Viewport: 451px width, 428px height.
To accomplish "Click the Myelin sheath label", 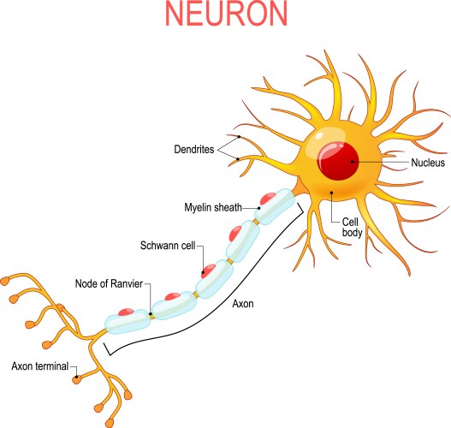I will click(x=219, y=207).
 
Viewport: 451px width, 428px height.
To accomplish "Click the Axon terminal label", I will click(x=40, y=366).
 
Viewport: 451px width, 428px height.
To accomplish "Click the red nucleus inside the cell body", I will click(x=336, y=161).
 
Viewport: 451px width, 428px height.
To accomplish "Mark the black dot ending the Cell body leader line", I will click(x=331, y=193).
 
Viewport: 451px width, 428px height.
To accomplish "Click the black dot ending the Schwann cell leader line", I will click(x=203, y=273).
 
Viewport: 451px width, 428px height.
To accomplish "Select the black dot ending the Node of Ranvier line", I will click(x=151, y=314).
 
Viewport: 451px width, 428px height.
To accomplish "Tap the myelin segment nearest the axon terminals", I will click(x=127, y=323).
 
